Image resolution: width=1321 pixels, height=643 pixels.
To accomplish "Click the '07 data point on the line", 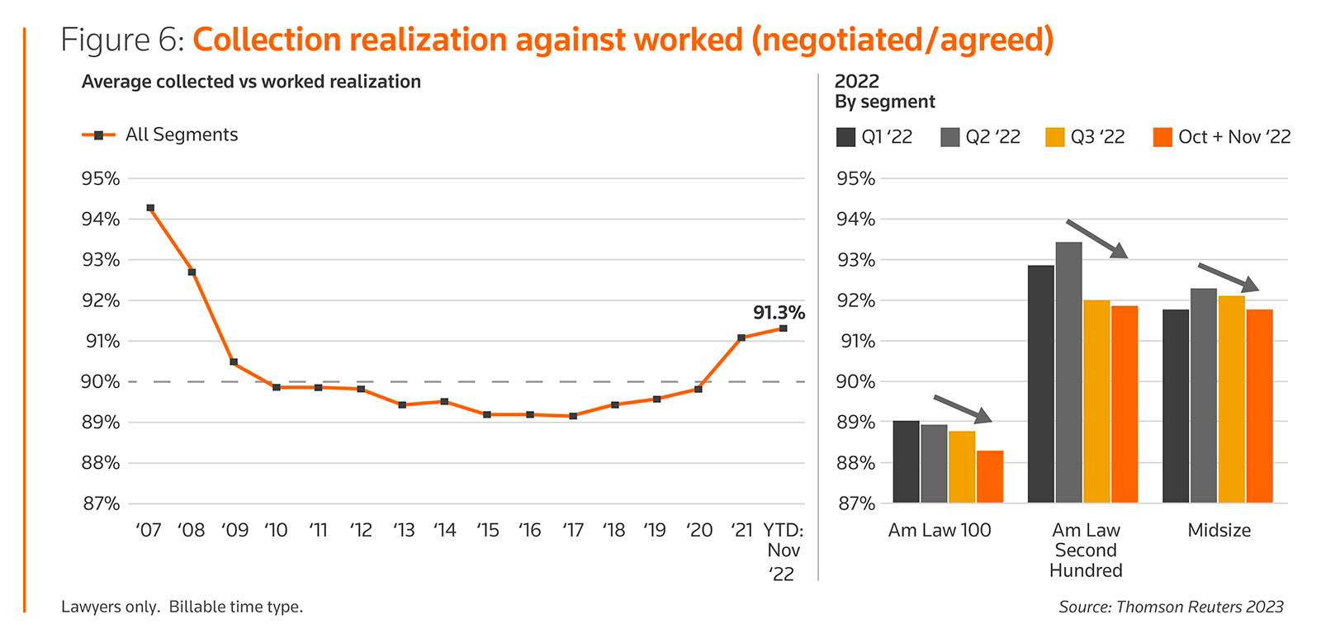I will pyautogui.click(x=150, y=208).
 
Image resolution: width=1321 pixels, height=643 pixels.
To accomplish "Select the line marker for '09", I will pyautogui.click(x=234, y=362).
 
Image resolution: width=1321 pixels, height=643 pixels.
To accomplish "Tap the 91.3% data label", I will pyautogui.click(x=778, y=313).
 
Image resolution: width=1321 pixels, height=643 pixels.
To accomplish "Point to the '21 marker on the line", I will pyautogui.click(x=741, y=338).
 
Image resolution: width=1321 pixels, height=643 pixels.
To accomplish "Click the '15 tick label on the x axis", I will pyautogui.click(x=487, y=531).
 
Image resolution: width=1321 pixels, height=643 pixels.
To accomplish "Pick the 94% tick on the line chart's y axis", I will pyautogui.click(x=101, y=219).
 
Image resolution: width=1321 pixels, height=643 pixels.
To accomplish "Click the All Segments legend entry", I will pyautogui.click(x=160, y=135).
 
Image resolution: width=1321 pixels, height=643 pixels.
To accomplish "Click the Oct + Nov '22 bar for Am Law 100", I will pyautogui.click(x=990, y=476).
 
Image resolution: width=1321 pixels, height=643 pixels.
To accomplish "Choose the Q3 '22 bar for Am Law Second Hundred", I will pyautogui.click(x=1096, y=401).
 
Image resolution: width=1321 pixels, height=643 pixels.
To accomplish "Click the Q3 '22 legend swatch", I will pyautogui.click(x=1054, y=137).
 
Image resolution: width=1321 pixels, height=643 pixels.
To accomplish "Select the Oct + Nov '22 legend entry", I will pyautogui.click(x=1221, y=137).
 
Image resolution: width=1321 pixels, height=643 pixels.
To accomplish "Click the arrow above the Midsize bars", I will pyautogui.click(x=1228, y=277).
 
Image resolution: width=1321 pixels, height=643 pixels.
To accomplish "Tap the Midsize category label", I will pyautogui.click(x=1219, y=531).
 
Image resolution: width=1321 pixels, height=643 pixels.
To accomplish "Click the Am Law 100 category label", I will pyautogui.click(x=940, y=531).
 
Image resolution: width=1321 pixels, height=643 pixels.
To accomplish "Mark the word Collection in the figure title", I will pyautogui.click(x=266, y=40).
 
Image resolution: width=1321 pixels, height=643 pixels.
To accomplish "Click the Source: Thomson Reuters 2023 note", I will pyautogui.click(x=1171, y=608).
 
